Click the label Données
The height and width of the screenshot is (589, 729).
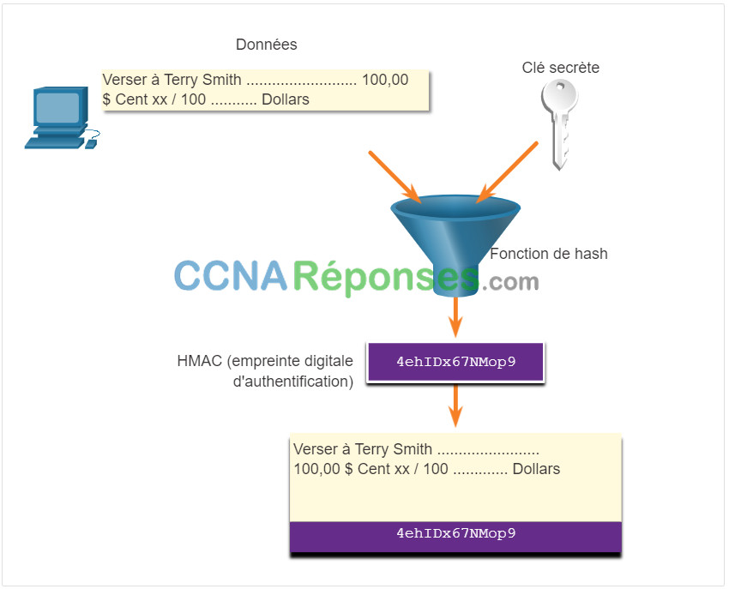point(267,45)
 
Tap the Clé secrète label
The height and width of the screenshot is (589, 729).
point(560,68)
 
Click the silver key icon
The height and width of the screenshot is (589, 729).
point(560,123)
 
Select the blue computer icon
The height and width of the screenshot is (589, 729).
point(63,117)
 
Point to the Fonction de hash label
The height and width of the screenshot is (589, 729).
point(549,254)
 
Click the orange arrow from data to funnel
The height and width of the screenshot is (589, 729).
point(395,177)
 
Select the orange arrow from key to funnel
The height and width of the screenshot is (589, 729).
point(507,172)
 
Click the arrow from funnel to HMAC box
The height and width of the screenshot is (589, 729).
point(455,317)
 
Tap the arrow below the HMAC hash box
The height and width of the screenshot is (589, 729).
point(455,406)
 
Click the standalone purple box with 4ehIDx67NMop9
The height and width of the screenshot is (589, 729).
point(455,362)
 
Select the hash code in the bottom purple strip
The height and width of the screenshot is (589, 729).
point(456,533)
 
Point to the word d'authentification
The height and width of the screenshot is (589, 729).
point(293,382)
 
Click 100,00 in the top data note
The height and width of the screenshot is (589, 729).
point(385,80)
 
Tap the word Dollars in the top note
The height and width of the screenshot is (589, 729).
point(286,99)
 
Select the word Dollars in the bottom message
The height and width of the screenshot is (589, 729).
point(536,469)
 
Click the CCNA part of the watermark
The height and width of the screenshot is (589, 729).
point(231,276)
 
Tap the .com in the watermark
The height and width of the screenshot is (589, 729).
point(510,282)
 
